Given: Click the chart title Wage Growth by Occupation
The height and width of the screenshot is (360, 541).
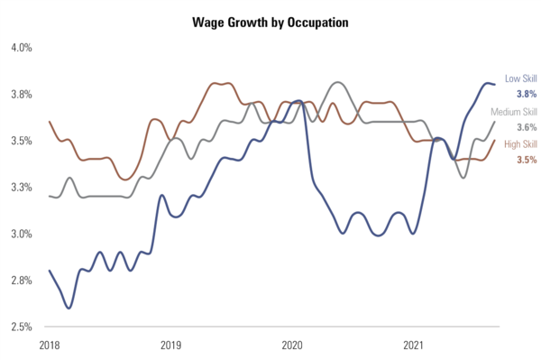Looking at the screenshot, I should (270, 19).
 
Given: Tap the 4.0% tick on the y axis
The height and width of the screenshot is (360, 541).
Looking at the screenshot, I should (21, 47).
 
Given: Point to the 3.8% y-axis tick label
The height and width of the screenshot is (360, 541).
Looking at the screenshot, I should (21, 94).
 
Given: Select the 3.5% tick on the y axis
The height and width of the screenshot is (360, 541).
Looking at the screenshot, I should (21, 141).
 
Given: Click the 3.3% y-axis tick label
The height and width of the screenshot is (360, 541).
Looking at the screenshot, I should (21, 188).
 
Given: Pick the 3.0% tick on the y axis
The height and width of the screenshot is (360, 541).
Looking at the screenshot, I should (21, 234).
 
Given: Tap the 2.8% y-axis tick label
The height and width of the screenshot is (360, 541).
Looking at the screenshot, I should (21, 281).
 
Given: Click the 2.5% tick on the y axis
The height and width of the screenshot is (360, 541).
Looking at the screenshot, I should (21, 327).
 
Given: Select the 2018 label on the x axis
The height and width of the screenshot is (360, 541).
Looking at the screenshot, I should (49, 346).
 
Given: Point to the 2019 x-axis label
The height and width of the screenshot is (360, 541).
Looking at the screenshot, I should (170, 346).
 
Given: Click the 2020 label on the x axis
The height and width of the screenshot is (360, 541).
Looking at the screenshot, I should (292, 346).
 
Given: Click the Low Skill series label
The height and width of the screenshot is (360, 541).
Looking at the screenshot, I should (520, 79).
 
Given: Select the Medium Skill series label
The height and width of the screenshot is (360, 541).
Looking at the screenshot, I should (513, 112).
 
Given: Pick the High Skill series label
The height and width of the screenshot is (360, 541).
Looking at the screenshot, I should (519, 144).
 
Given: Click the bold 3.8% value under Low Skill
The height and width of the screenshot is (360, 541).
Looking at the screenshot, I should (527, 94).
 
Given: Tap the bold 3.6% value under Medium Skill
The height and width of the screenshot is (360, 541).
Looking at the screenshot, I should (527, 127).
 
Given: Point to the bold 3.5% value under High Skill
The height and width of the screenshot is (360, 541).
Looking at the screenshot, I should (527, 160).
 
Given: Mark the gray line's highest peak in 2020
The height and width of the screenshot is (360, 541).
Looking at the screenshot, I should (336, 83).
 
